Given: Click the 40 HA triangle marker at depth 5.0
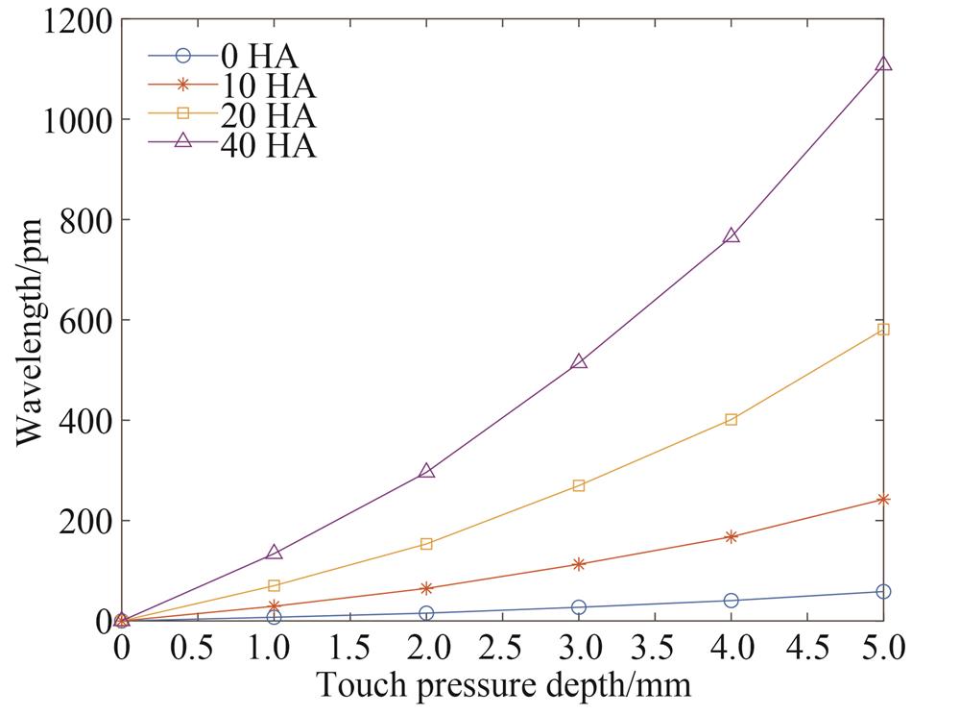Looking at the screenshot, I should tap(883, 63).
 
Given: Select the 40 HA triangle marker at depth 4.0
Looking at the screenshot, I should tap(732, 234).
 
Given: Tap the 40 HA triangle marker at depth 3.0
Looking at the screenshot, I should tap(579, 361).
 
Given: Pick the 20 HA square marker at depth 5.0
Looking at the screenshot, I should tap(883, 330).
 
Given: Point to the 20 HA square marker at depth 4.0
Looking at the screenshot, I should tap(732, 419).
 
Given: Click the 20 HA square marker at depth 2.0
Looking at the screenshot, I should tap(426, 544).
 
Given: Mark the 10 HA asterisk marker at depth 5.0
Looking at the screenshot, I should tap(883, 500).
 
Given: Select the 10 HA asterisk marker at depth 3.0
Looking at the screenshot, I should tap(579, 564).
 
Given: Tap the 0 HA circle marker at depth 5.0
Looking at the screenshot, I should tap(883, 592).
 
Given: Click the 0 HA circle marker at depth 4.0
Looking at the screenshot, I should tap(732, 601).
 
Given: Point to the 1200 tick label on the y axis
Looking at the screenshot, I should tap(76, 21).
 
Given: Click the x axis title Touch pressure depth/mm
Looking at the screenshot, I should tap(503, 686).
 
